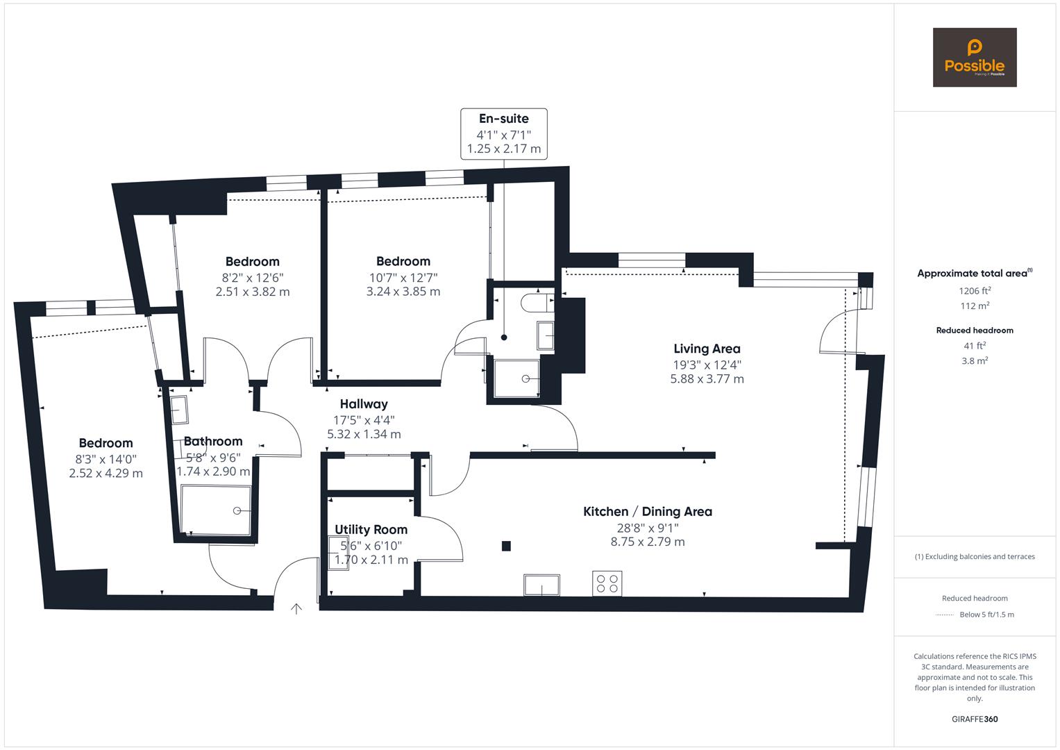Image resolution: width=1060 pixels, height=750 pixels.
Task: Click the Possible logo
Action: (974, 58)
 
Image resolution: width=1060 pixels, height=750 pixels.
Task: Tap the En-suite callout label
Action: (504, 119)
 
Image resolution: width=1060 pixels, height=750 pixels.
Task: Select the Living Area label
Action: (707, 349)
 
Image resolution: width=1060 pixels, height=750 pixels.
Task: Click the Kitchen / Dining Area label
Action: (647, 512)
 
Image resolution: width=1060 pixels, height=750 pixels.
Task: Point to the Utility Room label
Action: (371, 530)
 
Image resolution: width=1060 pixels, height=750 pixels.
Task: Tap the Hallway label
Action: (364, 404)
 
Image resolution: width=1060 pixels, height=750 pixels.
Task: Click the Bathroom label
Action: (213, 442)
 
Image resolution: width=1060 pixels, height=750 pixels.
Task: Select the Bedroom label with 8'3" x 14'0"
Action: (106, 443)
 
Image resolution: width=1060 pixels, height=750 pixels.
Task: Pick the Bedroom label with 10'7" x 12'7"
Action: (403, 262)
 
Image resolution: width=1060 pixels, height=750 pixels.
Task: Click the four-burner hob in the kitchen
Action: (607, 583)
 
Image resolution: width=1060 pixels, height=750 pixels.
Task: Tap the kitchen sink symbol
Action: (542, 585)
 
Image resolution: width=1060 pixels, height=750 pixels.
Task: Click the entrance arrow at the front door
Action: (296, 609)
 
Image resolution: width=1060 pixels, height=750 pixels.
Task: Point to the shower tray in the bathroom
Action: (216, 510)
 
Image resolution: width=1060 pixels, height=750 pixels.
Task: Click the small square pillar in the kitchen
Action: (506, 546)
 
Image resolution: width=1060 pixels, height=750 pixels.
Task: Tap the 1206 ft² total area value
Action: (975, 290)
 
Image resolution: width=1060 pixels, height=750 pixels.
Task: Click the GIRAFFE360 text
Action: (975, 719)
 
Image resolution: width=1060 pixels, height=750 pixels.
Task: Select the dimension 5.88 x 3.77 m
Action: (707, 379)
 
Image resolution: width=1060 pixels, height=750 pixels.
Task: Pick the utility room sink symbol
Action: (338, 554)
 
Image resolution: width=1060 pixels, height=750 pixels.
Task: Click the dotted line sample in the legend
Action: (945, 615)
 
